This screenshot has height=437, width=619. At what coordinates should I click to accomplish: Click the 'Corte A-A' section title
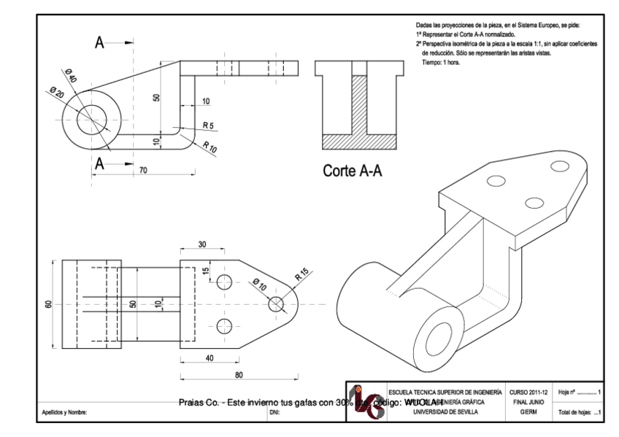coord(354,172)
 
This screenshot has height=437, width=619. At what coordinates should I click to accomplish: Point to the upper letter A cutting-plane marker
coord(104,43)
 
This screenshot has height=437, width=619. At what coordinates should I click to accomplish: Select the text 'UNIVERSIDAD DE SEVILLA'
coord(447,412)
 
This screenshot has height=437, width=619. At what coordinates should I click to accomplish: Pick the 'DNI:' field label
coord(274,413)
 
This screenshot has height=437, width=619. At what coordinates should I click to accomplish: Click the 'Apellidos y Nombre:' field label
coord(65,413)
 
